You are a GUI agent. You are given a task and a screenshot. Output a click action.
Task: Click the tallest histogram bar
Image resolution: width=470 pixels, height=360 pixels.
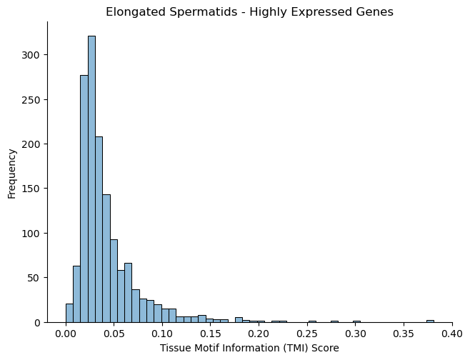click(x=91, y=179)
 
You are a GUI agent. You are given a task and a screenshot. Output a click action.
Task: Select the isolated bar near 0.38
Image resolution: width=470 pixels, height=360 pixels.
click(x=430, y=321)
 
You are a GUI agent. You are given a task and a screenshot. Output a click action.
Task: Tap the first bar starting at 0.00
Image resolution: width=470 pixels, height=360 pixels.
click(x=69, y=314)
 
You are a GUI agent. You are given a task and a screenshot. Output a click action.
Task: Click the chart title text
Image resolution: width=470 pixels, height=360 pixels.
click(x=249, y=12)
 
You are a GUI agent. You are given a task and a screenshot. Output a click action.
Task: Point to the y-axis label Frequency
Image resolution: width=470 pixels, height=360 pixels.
click(x=11, y=174)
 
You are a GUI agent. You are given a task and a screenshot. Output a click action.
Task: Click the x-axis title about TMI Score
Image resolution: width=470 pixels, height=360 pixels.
click(x=249, y=348)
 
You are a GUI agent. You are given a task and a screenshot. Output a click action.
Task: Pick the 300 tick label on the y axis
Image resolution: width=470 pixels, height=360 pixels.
click(x=30, y=55)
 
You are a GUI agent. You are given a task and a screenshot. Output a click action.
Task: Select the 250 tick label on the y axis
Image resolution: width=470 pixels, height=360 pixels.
click(x=30, y=100)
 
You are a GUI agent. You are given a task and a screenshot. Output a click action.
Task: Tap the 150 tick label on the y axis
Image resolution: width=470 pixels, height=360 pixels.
click(x=30, y=189)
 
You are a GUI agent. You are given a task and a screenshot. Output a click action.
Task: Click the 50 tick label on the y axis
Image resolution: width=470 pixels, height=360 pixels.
click(x=34, y=278)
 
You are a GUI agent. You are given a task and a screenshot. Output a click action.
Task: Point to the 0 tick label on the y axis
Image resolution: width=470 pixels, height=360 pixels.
click(x=36, y=323)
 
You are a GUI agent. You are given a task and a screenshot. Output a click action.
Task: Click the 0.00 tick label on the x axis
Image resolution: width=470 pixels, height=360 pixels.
click(x=66, y=334)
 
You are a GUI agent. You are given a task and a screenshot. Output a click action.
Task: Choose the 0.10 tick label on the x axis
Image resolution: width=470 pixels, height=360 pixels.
click(x=162, y=334)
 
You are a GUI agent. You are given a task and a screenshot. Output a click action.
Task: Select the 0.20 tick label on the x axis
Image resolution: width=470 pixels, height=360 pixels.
click(x=259, y=334)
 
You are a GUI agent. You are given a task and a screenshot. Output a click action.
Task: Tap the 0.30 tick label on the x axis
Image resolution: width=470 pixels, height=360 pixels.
click(x=356, y=334)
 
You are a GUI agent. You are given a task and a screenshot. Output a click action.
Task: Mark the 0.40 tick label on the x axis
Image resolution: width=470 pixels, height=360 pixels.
click(x=452, y=334)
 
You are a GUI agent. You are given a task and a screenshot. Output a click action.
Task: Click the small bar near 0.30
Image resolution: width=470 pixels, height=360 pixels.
click(x=356, y=321)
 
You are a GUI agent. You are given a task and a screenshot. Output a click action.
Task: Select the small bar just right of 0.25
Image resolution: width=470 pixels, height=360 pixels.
click(x=312, y=321)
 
